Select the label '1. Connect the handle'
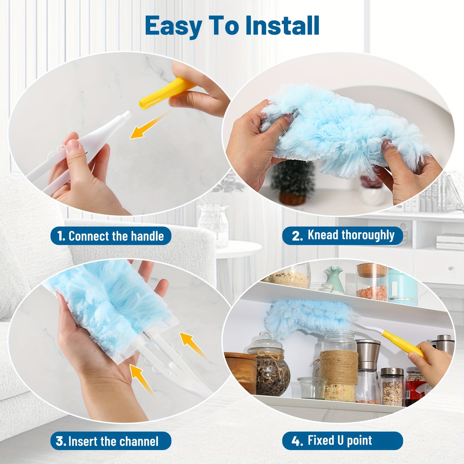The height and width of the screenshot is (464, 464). click(111, 236)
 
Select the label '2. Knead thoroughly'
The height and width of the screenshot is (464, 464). click(343, 235)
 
